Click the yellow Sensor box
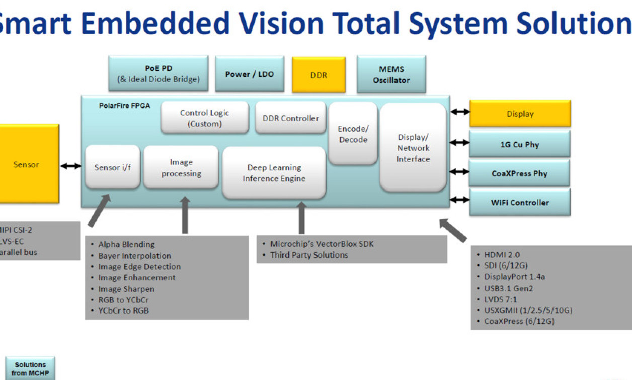28,164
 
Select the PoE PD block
159,74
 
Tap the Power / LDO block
250,74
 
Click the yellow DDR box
319,75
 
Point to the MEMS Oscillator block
391,75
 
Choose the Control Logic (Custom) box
204,118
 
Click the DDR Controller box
290,118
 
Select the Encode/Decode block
353,134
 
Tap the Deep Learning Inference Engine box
274,173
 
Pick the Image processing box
181,168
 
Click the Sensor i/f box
112,167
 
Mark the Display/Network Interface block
413,148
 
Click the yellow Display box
520,114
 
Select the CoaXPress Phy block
519,173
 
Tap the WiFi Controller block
519,203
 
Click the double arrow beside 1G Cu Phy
459,143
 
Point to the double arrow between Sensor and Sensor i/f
71,166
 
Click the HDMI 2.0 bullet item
502,255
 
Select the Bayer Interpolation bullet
134,256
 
